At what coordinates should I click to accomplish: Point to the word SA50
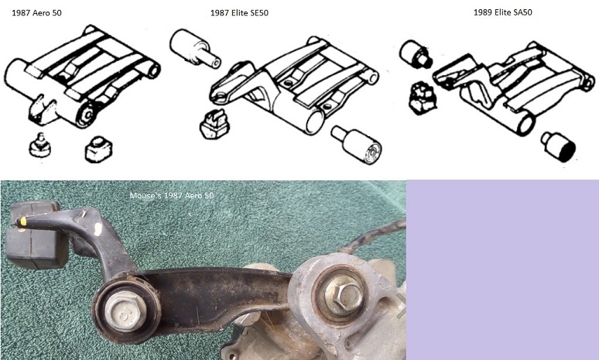[519, 12]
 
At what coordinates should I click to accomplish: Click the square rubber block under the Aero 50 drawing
[99, 146]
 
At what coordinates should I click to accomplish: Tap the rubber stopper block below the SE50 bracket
[215, 124]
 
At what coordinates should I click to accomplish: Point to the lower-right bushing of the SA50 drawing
[557, 146]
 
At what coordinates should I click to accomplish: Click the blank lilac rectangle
[502, 269]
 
